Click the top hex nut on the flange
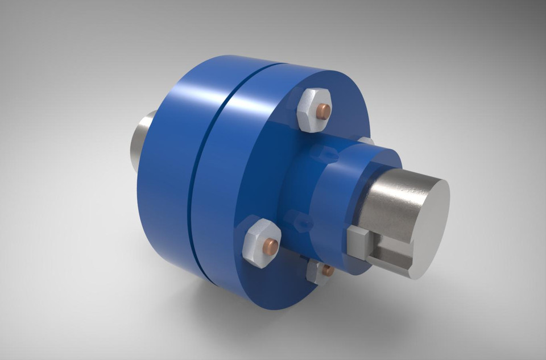pos(312,110)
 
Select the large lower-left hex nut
pos(260,244)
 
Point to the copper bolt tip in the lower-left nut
pos(271,246)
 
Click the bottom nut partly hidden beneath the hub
pos(319,272)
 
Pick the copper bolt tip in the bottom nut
pos(328,271)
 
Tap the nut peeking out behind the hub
pos(366,140)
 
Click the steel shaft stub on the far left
pos(142,142)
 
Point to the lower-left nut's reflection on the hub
pos(300,221)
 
